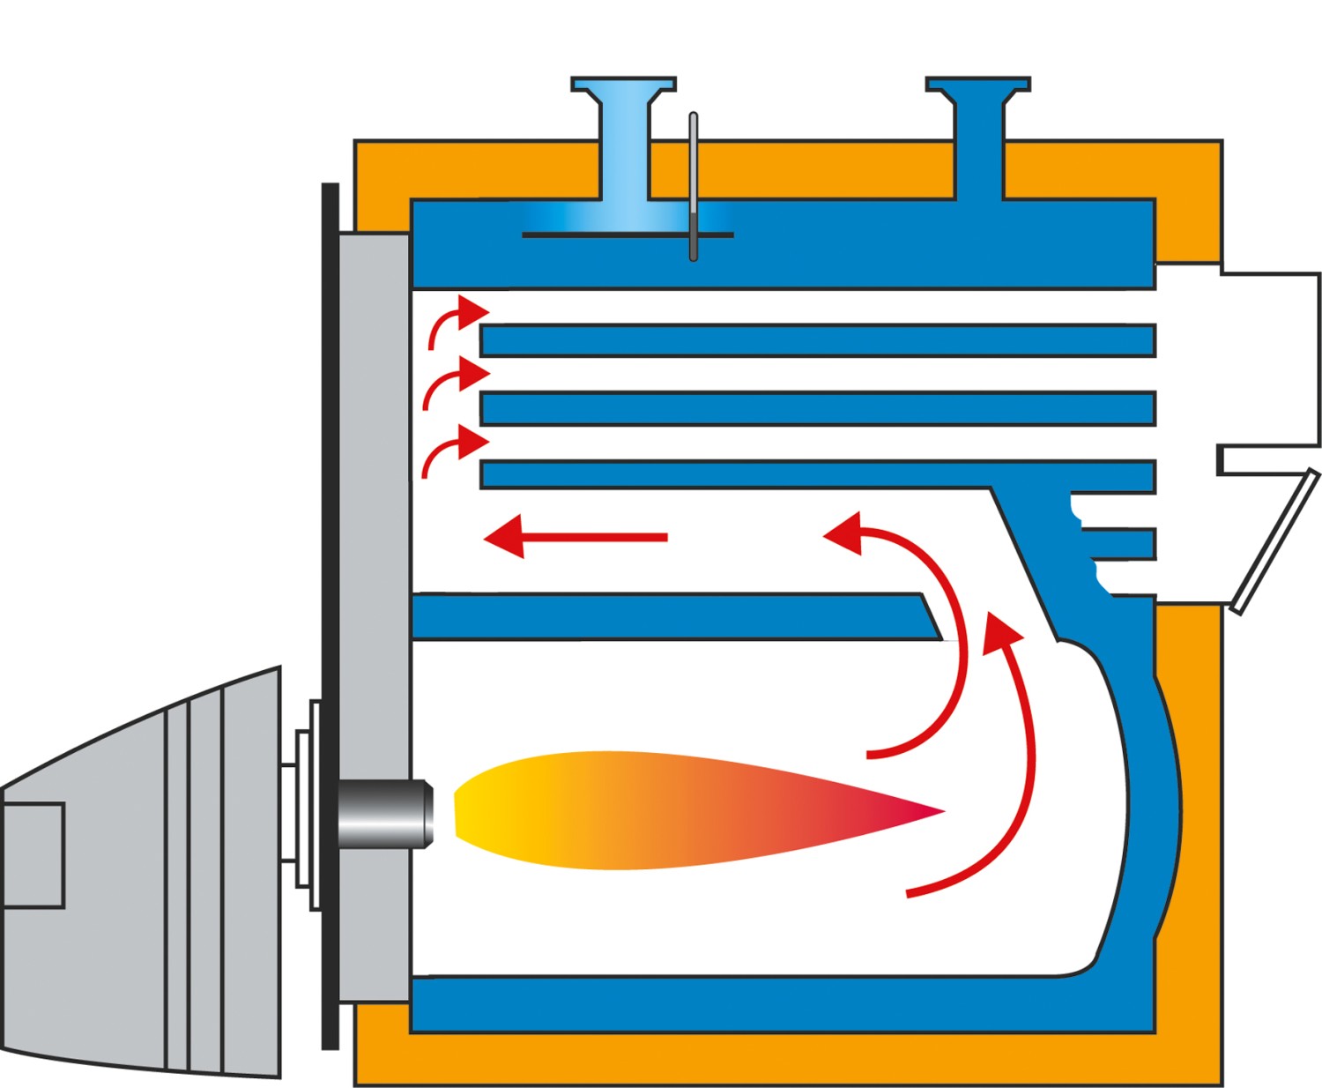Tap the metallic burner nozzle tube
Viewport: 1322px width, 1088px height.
pos(385,813)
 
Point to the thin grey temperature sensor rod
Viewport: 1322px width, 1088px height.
pos(694,176)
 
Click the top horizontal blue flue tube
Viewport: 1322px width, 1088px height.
pos(818,340)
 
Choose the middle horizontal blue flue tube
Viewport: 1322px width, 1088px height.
pos(818,408)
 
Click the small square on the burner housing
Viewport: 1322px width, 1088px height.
pos(33,854)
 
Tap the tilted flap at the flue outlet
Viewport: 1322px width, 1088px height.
pos(1276,541)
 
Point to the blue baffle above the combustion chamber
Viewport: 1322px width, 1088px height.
pos(670,616)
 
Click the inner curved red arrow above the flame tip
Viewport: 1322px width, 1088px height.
pos(934,635)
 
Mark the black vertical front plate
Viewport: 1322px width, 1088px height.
pos(330,617)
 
